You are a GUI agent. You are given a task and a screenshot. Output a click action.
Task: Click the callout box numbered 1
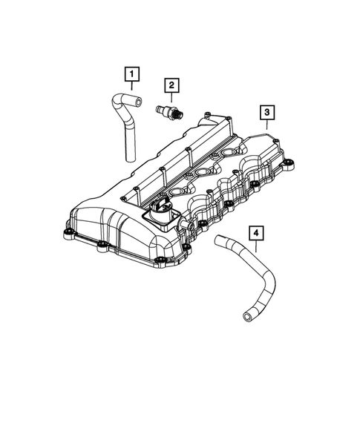click(x=131, y=73)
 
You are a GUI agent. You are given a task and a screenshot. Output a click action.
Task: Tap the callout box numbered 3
click(x=266, y=112)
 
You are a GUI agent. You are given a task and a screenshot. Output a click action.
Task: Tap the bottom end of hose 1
click(x=128, y=157)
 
